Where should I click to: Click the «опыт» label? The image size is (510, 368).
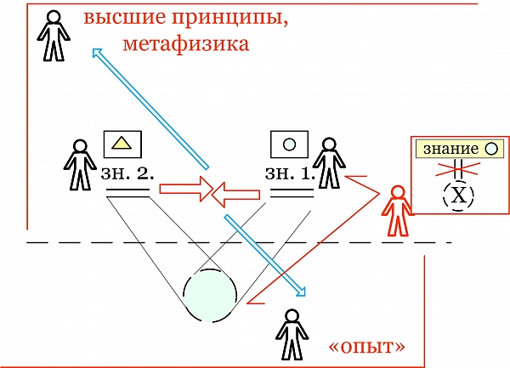pos(366,347)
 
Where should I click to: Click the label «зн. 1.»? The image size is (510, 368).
pos(290,173)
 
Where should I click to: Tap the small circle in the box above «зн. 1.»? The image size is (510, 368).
pos(288,144)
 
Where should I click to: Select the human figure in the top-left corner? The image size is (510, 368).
pos(54,37)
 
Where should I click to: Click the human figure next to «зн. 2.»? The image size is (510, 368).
pos(80,164)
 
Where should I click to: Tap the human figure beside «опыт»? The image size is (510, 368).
pos(292,334)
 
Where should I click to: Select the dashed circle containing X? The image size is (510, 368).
pos(459,196)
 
